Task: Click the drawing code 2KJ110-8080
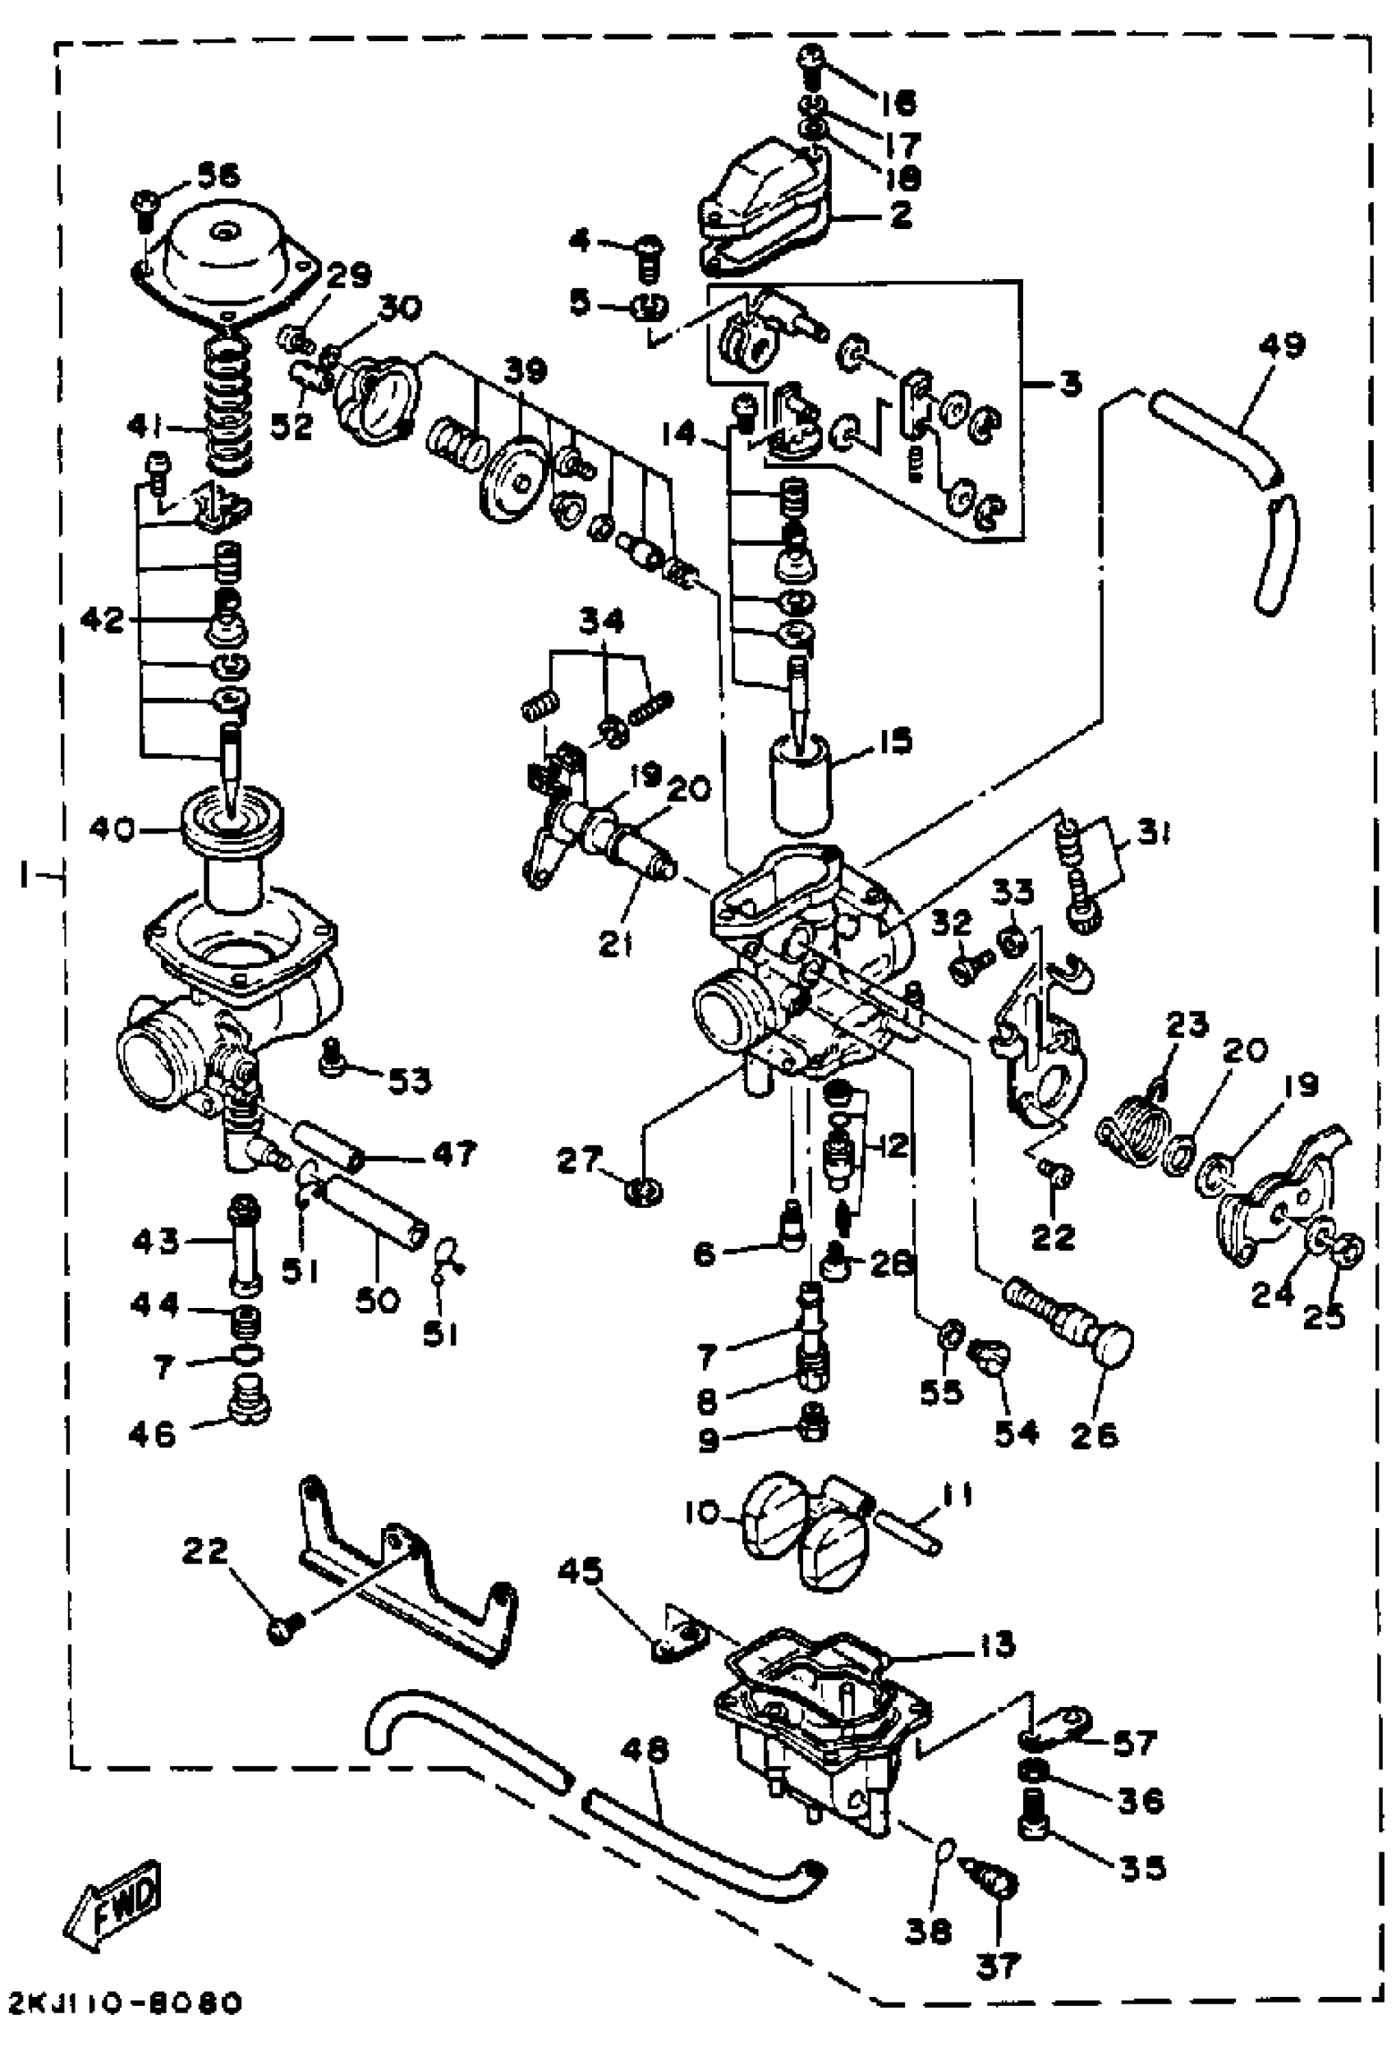click(121, 2003)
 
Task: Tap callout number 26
click(1095, 1434)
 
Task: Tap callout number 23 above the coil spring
click(1187, 1026)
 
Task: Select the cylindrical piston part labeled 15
click(800, 785)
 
